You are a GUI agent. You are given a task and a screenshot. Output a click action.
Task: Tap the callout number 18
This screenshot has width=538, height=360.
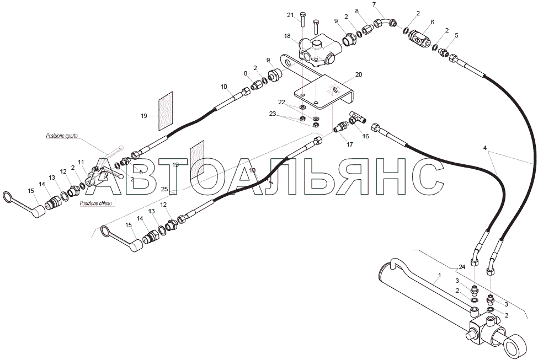pyautogui.click(x=287, y=36)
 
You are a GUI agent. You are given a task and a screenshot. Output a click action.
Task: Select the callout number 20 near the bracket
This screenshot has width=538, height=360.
pyautogui.click(x=359, y=74)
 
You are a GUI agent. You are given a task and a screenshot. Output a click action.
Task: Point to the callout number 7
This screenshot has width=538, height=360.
pyautogui.click(x=374, y=5)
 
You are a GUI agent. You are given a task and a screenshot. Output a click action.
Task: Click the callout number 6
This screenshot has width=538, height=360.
pyautogui.click(x=432, y=22)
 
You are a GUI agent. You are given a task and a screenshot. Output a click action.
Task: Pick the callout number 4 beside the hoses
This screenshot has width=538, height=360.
pyautogui.click(x=485, y=148)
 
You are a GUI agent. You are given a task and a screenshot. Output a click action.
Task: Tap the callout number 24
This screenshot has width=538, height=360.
pyautogui.click(x=461, y=267)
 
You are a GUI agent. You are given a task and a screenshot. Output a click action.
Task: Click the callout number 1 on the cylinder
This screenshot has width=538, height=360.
pyautogui.click(x=439, y=275)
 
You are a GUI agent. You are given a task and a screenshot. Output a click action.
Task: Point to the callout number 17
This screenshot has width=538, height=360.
pyautogui.click(x=349, y=144)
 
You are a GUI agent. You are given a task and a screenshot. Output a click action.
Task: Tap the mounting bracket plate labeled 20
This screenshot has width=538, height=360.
pyautogui.click(x=323, y=91)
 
